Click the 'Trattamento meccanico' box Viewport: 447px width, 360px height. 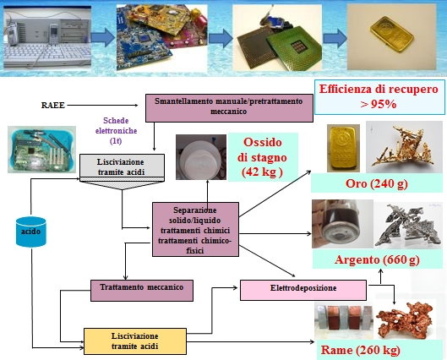coord(142,289)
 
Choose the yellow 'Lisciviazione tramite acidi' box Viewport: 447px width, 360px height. coord(134,340)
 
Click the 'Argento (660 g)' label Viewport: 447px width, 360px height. coord(366,259)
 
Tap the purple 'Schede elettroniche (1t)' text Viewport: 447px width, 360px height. coord(116,132)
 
